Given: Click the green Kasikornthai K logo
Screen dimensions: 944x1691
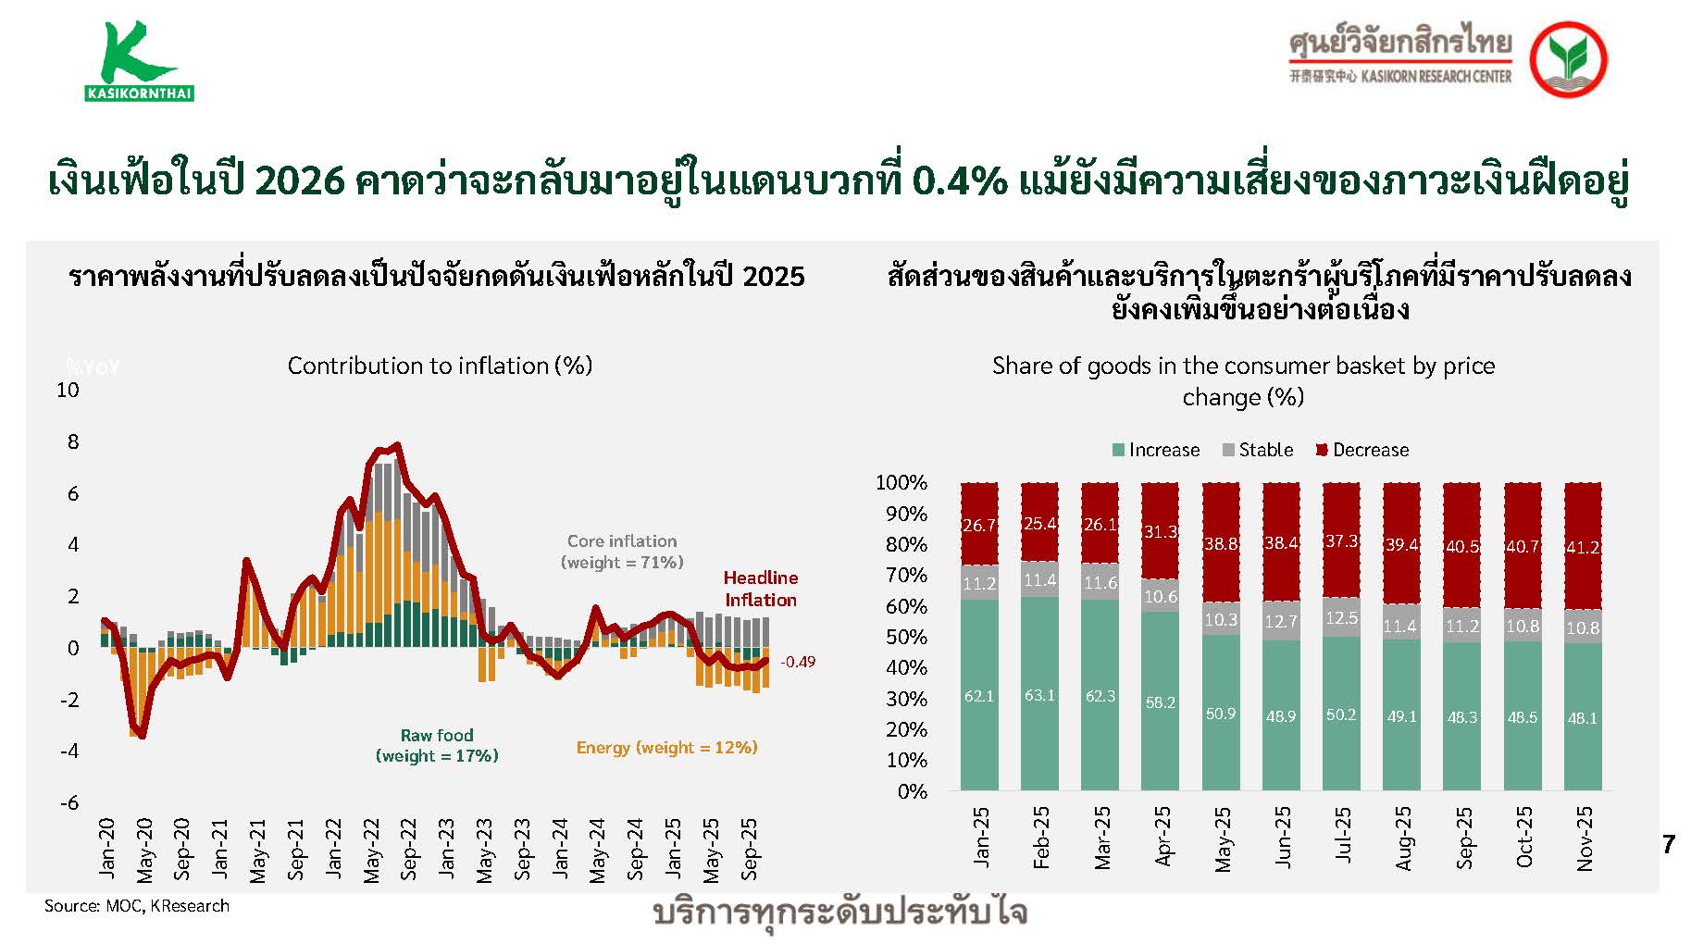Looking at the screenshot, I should coord(138,61).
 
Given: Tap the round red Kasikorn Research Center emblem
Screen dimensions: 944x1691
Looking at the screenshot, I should coord(1567,58).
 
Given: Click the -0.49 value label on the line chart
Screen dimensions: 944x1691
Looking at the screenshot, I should coord(797,662).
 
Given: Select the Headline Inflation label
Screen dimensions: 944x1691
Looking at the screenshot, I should coord(760,589).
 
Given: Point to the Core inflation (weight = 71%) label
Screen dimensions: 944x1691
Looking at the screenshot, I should coord(622,552).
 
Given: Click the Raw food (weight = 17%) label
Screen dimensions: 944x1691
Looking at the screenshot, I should coord(437,746).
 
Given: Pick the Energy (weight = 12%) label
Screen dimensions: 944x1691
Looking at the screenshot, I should coord(666,748).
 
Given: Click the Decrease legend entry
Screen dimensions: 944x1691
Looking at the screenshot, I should coord(1362,450).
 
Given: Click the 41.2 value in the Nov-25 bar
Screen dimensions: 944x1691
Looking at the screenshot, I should coord(1582,548).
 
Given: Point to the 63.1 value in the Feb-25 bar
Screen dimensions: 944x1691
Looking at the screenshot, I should coord(1039,695).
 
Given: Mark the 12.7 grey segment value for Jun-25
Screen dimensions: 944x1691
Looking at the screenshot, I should coord(1281,621).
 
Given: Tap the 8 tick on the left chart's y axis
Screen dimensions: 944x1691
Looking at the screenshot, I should coord(73,441).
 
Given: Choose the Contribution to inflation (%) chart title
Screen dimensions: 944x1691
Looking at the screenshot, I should coord(440,366).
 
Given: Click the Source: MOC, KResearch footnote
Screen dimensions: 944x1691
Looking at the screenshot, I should coord(137,906).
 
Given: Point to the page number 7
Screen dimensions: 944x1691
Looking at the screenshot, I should coord(1668,844).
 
